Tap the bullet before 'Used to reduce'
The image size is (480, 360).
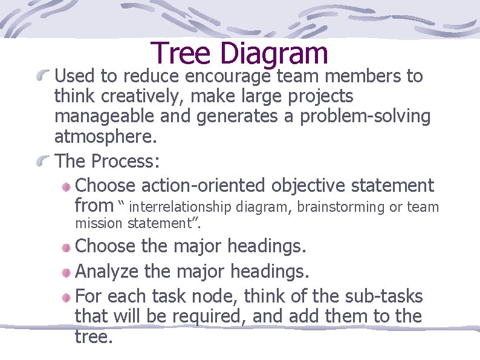pyautogui.click(x=42, y=76)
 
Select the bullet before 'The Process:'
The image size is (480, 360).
pyautogui.click(x=42, y=161)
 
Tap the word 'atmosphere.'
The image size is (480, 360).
pyautogui.click(x=105, y=137)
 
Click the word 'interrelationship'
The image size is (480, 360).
pyautogui.click(x=181, y=207)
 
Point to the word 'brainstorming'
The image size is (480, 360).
pyautogui.click(x=342, y=207)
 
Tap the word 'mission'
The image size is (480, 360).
pyautogui.click(x=99, y=223)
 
